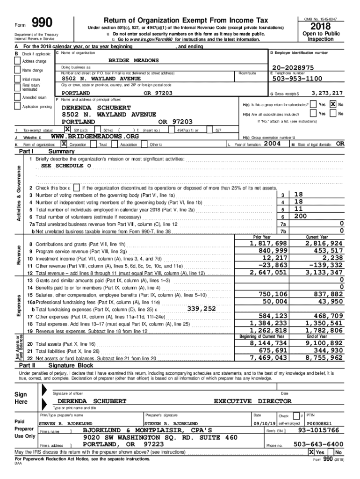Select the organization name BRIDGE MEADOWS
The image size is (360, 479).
tap(133, 60)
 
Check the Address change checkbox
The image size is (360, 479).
tap(18, 61)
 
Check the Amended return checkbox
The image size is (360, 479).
tap(18, 98)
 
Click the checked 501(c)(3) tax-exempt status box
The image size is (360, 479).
tap(67, 129)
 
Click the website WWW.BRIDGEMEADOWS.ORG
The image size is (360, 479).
tap(94, 136)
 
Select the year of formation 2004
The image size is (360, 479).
tap(272, 144)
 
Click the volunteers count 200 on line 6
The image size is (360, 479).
tap(300, 217)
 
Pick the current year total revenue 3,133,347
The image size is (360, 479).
tap(324, 272)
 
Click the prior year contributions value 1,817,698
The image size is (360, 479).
tap(268, 244)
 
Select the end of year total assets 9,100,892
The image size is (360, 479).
tap(324, 344)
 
